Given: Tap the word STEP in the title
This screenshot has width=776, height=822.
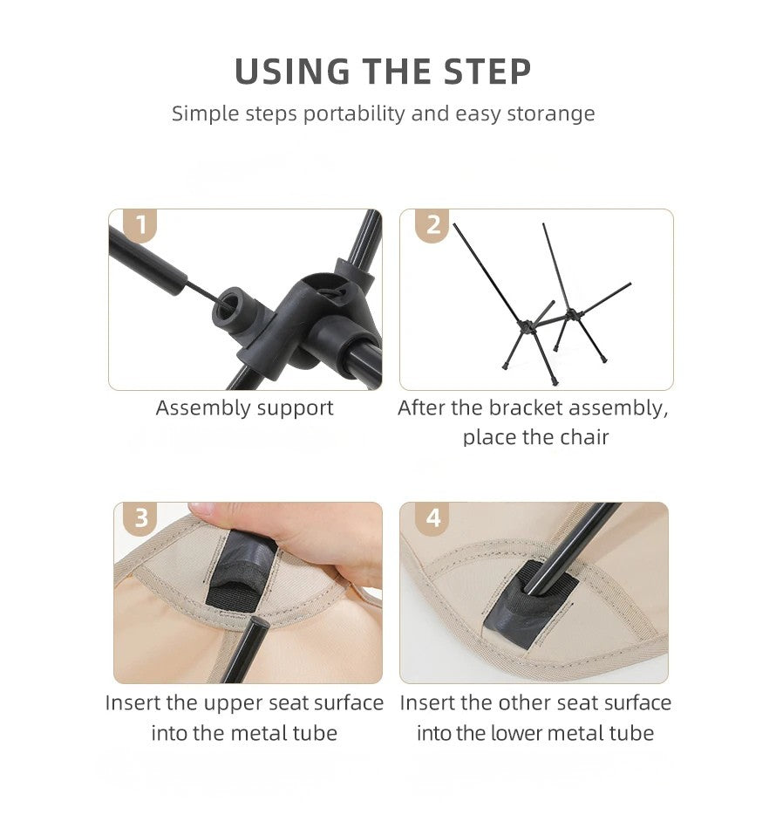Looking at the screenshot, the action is point(487,72).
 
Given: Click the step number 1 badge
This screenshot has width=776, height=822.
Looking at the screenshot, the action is point(140,225).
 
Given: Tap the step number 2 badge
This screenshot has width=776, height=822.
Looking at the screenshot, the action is point(432,225).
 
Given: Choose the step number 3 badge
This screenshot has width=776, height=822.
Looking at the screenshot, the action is point(141,518).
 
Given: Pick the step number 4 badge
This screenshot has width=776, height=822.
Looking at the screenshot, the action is point(432,518).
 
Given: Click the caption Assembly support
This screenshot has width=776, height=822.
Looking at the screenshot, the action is point(245,408).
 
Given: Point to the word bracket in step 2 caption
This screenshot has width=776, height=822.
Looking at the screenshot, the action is point(526,408).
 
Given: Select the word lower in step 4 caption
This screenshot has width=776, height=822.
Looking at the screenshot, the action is point(515,733).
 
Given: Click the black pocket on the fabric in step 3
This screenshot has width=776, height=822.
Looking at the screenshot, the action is point(240,572).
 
